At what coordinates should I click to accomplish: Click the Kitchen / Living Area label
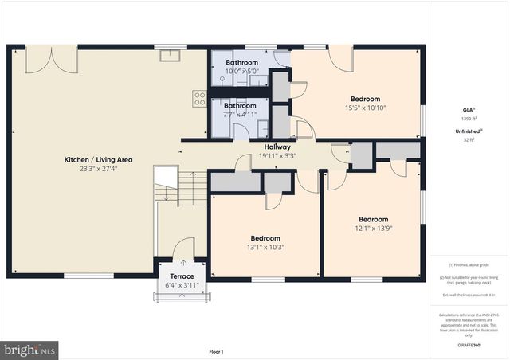pyautogui.click(x=98, y=160)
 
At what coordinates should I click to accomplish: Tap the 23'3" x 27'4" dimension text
pyautogui.click(x=98, y=169)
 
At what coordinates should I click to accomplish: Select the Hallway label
pyautogui.click(x=277, y=147)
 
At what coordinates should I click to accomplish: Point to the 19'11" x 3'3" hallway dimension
pyautogui.click(x=277, y=156)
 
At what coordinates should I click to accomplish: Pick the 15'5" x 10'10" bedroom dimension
pyautogui.click(x=366, y=108)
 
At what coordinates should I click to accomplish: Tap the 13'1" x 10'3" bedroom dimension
pyautogui.click(x=265, y=247)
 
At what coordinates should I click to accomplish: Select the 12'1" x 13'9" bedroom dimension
pyautogui.click(x=373, y=229)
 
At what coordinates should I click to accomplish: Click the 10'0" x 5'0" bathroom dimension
pyautogui.click(x=241, y=71)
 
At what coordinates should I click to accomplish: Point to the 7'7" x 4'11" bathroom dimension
pyautogui.click(x=240, y=115)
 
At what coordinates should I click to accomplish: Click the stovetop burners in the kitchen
pyautogui.click(x=199, y=99)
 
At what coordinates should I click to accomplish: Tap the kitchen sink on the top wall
pyautogui.click(x=170, y=56)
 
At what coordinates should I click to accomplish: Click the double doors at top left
pyautogui.click(x=51, y=59)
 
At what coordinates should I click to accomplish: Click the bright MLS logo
pyautogui.click(x=29, y=348)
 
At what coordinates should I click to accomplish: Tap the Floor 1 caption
pyautogui.click(x=216, y=351)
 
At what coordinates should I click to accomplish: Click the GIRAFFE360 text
pyautogui.click(x=469, y=346)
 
